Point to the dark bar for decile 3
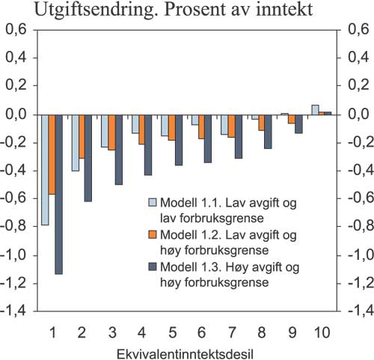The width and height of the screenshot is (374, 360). pos(118,149)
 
